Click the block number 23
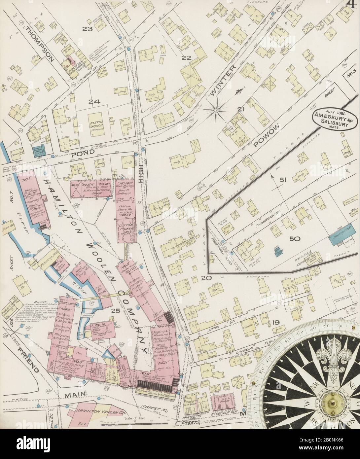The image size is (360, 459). pos(88,29)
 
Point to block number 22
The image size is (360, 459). pos(187,58)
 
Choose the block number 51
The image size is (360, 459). pos(283,180)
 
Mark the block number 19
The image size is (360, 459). pos(276,323)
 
